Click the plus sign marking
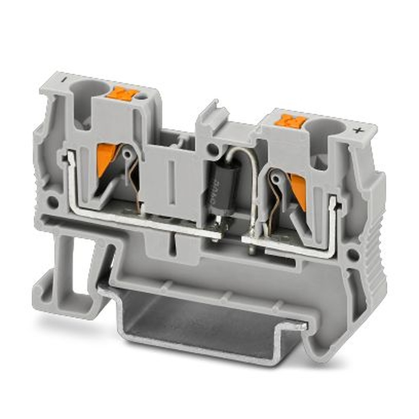(x=357, y=130)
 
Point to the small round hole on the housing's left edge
(x=53, y=202)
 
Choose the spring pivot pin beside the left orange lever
(x=127, y=154)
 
